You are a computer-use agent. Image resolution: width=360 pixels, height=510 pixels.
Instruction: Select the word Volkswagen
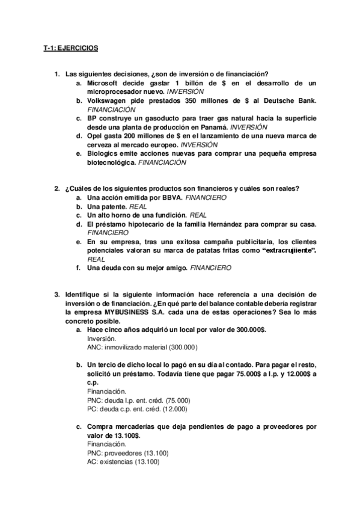pos(110,100)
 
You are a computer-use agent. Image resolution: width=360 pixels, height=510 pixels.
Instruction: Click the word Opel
pos(96,136)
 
